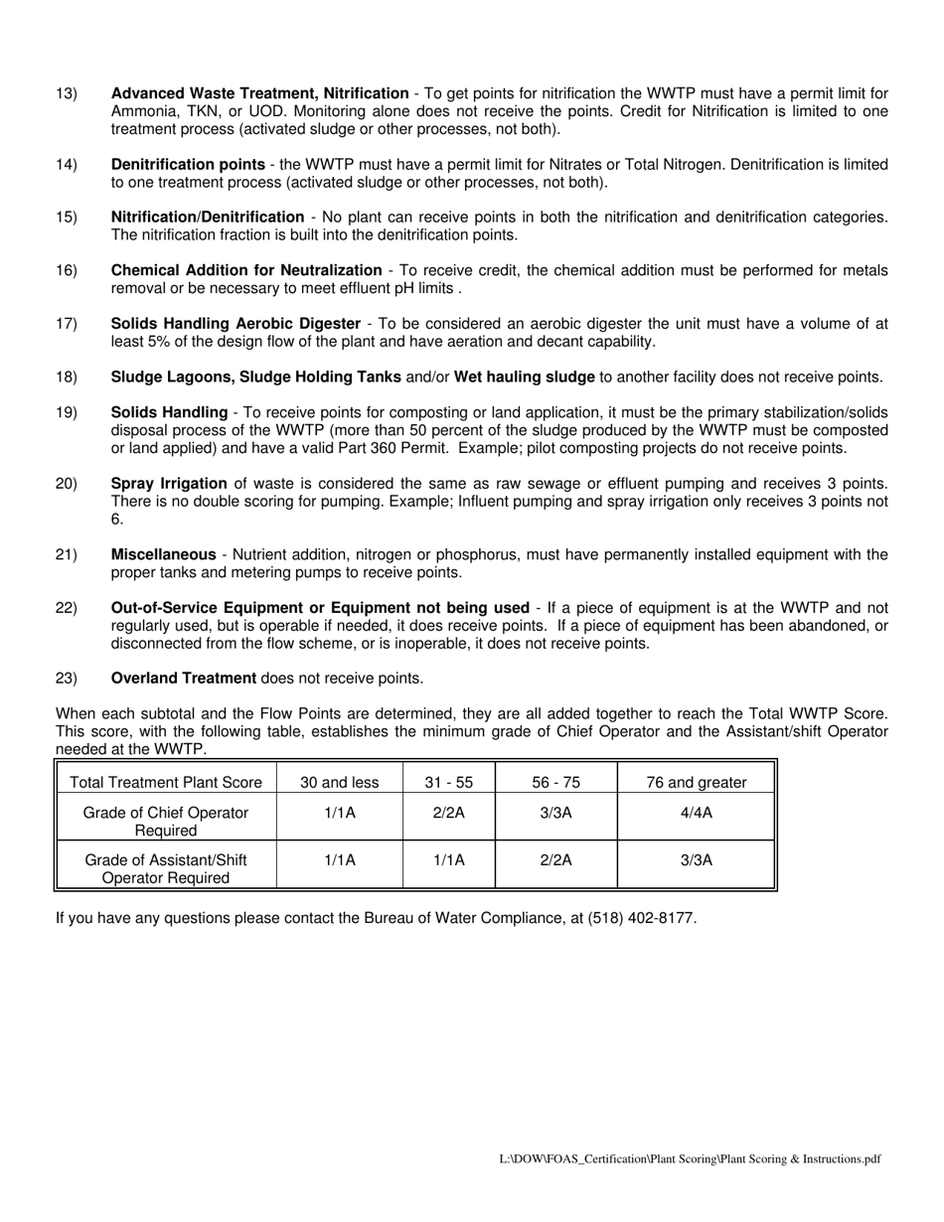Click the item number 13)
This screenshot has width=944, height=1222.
point(67,93)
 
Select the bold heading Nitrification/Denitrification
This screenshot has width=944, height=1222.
point(208,217)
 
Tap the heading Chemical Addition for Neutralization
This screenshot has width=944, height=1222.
point(246,270)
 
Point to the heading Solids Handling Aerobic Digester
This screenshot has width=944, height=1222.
point(236,324)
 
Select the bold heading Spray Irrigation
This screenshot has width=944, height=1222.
point(169,483)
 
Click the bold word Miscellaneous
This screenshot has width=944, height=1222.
point(163,554)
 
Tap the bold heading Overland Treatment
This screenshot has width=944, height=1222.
point(184,679)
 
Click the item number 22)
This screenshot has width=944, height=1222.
point(67,608)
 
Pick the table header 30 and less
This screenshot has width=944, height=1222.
point(339,782)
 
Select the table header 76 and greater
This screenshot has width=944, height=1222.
point(696,782)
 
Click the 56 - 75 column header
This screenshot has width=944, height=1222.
point(555,782)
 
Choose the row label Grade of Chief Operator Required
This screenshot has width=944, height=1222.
point(166,821)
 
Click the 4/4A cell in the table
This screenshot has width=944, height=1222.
point(696,813)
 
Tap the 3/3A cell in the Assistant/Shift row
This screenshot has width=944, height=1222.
point(696,860)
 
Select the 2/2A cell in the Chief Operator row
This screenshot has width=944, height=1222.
point(448,813)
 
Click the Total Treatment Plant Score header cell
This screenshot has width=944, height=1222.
point(166,782)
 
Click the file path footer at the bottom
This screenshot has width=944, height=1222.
point(690,1158)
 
